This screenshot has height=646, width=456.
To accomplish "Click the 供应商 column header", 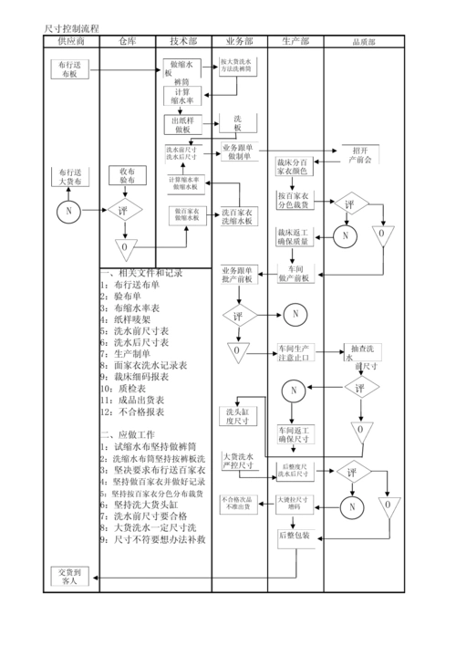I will click(71, 42).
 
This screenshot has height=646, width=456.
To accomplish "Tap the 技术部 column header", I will click(183, 42).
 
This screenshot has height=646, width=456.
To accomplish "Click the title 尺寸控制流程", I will click(73, 30).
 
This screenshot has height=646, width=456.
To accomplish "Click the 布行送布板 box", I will click(69, 69).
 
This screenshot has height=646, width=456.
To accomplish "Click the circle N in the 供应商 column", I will click(68, 212).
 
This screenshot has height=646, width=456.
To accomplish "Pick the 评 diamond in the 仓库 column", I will click(124, 211).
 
